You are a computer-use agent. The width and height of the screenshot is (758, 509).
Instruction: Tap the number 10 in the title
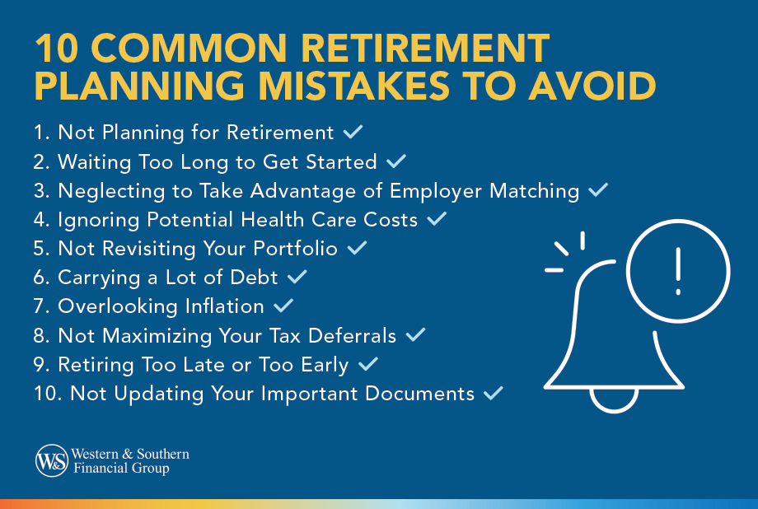54,49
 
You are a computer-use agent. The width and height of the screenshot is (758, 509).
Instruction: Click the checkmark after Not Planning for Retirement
353,132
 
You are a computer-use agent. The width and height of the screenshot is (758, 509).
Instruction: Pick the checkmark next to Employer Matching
598,190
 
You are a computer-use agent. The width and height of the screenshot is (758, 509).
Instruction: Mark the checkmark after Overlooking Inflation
283,306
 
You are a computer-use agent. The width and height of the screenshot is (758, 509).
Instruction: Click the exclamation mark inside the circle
678,272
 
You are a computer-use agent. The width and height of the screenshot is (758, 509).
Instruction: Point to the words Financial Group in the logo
120,469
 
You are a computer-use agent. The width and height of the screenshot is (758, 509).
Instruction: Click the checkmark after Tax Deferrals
415,335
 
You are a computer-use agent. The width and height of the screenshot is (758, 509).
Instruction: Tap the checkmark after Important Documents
494,394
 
